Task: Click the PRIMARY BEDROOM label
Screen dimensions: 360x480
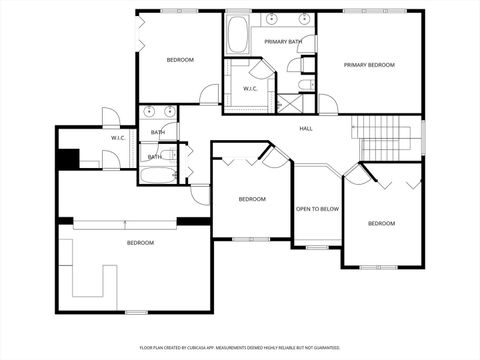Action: pos(369,65)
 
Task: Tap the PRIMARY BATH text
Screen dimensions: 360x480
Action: pos(283,42)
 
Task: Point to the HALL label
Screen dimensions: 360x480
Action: pos(306,128)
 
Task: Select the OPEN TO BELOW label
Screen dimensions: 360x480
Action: pos(317,209)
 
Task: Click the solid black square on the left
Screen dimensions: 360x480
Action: pos(68,158)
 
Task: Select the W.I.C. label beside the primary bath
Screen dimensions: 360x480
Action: pos(250,89)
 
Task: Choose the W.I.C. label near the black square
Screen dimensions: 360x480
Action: pos(118,137)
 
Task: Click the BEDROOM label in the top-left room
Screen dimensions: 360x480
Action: pos(180,60)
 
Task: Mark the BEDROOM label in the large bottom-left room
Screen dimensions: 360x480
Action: pos(140,243)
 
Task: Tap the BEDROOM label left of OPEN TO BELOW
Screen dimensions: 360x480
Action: pos(252,199)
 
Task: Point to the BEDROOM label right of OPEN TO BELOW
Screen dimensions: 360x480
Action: pos(381,223)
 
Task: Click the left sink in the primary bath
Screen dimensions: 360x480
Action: pos(272,19)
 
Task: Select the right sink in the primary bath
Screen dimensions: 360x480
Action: pos(302,19)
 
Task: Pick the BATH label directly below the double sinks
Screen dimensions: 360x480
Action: pos(158,133)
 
